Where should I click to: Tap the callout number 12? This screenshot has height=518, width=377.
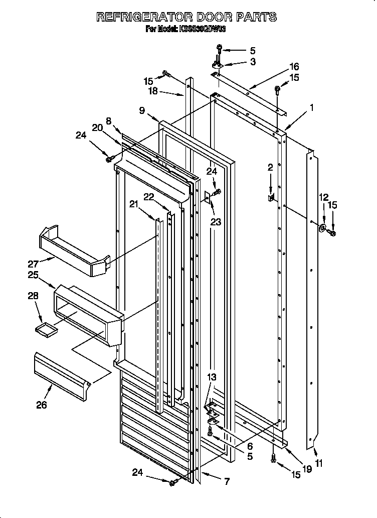(x=324, y=197)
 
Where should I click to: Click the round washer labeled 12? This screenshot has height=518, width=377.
(x=321, y=229)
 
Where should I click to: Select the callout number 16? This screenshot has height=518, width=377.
(x=294, y=66)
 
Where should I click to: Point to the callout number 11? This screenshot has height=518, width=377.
(x=319, y=464)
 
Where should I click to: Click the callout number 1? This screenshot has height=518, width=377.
(x=311, y=107)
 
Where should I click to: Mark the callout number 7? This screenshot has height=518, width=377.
(x=227, y=482)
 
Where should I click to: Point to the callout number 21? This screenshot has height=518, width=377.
(x=133, y=203)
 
